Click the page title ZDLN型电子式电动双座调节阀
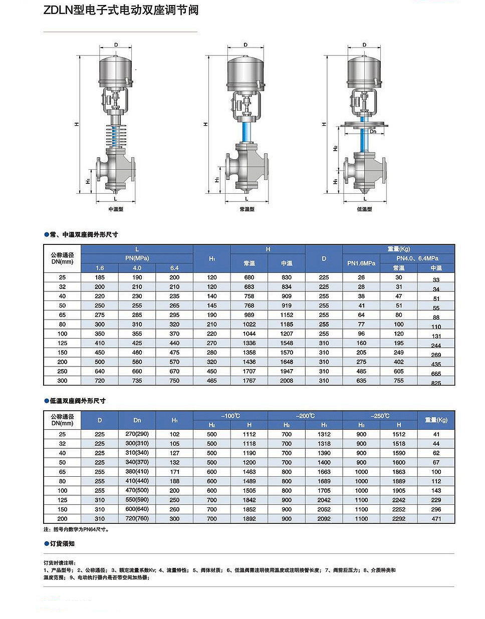(x=121, y=11)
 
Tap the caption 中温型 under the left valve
(x=116, y=209)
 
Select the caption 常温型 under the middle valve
(x=247, y=209)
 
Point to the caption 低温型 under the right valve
(x=364, y=209)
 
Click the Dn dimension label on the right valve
(x=373, y=132)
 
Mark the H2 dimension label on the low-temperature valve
(x=335, y=148)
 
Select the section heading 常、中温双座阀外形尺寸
(x=84, y=234)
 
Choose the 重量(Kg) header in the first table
(x=398, y=249)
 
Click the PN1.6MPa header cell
(x=361, y=263)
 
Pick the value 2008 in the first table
(x=287, y=381)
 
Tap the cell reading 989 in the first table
(x=249, y=315)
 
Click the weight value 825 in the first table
(x=436, y=383)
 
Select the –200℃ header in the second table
(x=305, y=416)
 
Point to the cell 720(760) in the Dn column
(x=137, y=518)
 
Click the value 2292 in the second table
(x=399, y=519)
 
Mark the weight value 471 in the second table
(x=436, y=519)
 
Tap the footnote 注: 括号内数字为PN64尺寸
(x=76, y=529)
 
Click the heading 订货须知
(x=62, y=543)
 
